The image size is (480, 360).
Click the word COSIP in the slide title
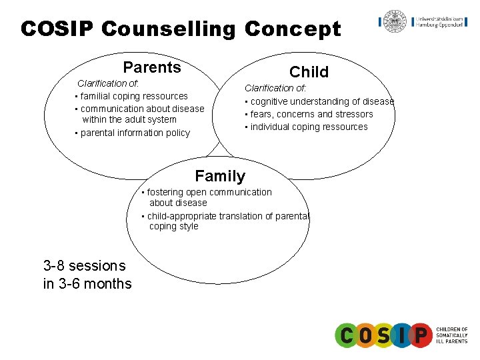coord(58,29)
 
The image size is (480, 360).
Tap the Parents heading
coord(152,67)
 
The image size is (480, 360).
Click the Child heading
coord(309,72)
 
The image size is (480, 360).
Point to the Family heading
coord(220,177)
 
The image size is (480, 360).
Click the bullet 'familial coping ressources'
coord(133,96)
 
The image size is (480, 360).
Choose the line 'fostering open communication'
coord(208,192)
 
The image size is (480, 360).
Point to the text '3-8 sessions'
coord(84,265)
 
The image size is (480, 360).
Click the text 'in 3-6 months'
coord(87,284)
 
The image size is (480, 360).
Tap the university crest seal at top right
coord(395,21)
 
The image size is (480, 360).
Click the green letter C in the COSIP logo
coord(347,335)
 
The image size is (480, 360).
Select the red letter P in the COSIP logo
coord(420,335)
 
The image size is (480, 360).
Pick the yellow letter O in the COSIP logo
coord(365,335)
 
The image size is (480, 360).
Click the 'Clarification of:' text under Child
coord(276,88)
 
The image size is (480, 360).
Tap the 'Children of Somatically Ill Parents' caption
coord(452,335)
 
